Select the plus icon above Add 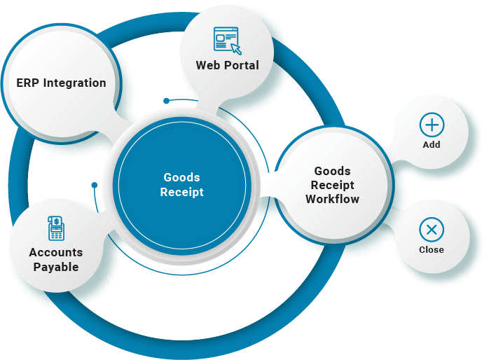pos(432,125)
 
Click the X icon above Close pos(432,230)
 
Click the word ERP pos(28,83)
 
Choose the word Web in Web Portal pos(209,65)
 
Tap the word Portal pos(242,65)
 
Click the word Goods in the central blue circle pos(181,178)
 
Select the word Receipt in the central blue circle pos(181,192)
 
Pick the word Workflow pos(332,199)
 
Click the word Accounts pos(55,252)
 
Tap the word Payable pos(55,267)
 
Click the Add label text pos(432,144)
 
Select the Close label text pos(432,249)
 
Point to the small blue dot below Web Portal pos(166,101)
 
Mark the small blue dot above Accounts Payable pos(95,186)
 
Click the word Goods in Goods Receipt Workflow pos(332,171)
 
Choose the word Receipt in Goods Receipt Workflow pos(332,185)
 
